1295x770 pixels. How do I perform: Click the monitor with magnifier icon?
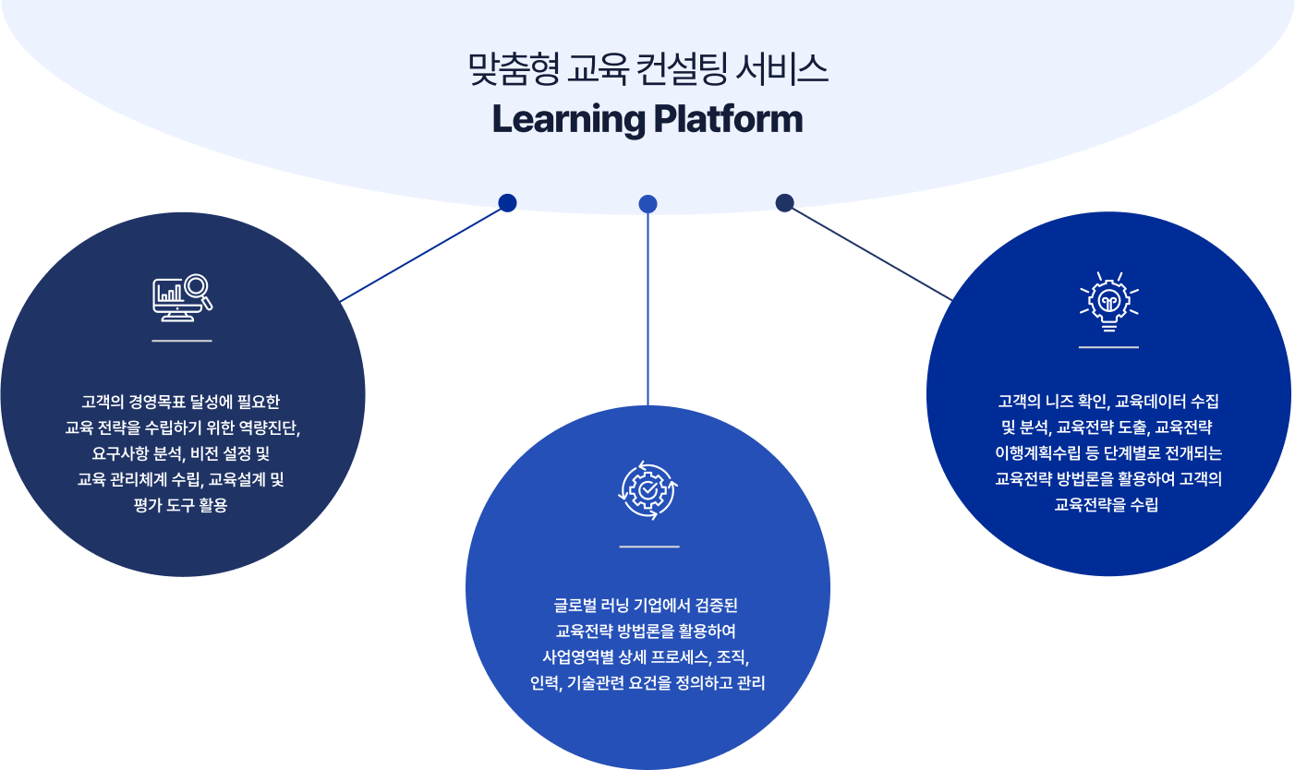182,297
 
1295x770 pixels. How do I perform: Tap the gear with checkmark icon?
648,491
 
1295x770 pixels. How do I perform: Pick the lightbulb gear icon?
1108,301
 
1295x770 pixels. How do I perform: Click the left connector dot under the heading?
507,202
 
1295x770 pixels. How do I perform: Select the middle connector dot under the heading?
648,203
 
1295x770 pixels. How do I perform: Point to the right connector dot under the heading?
785,202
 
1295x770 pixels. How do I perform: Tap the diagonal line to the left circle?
420,254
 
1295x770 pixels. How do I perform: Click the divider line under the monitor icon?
182,341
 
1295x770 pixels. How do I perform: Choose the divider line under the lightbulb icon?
1108,347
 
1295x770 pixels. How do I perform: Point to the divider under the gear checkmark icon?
648,547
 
